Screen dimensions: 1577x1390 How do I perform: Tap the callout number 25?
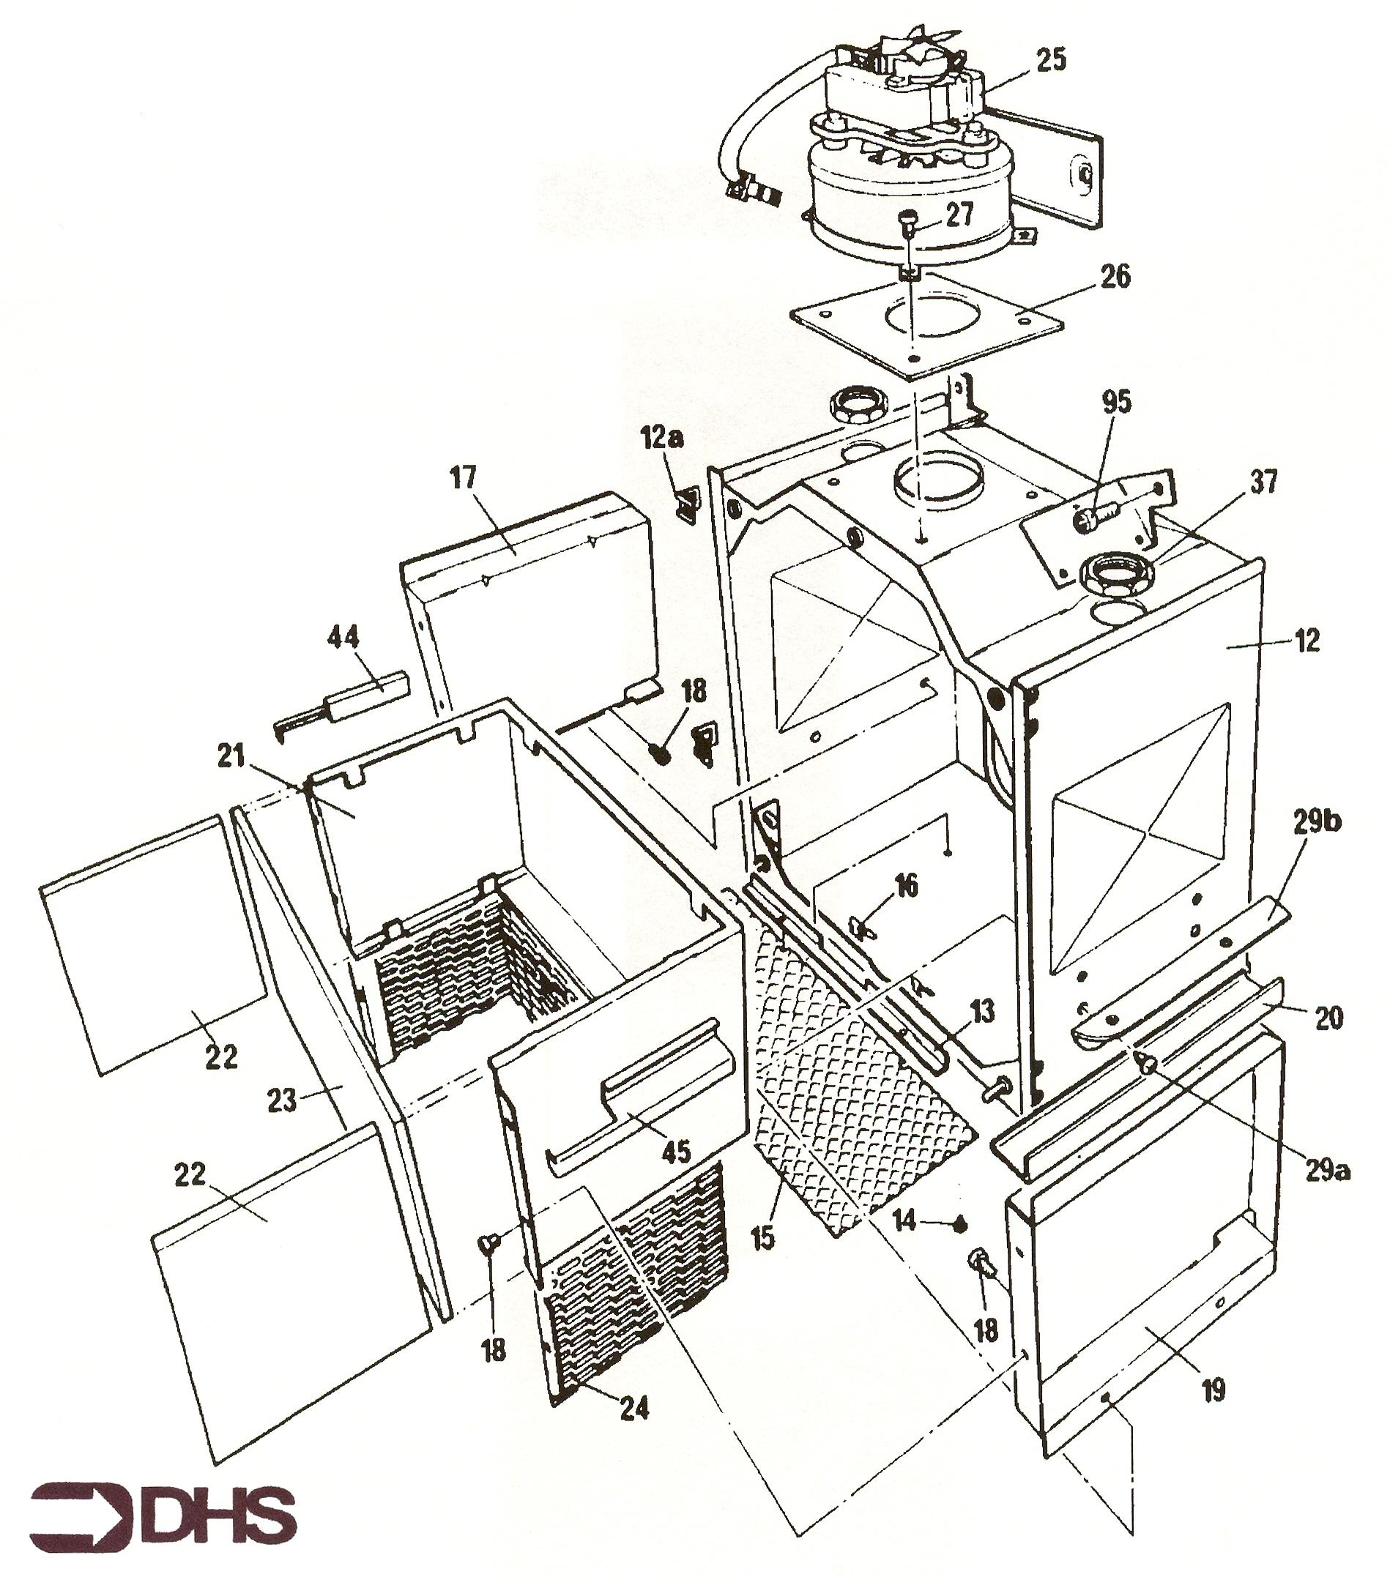[x=1050, y=59]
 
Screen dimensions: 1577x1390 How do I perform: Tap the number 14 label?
[x=904, y=1220]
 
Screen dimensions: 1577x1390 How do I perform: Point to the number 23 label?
[x=282, y=1100]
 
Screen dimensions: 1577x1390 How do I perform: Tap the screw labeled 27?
[x=907, y=223]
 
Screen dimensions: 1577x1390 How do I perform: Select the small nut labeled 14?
[x=961, y=1222]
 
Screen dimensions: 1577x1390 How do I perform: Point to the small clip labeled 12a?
[x=685, y=504]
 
